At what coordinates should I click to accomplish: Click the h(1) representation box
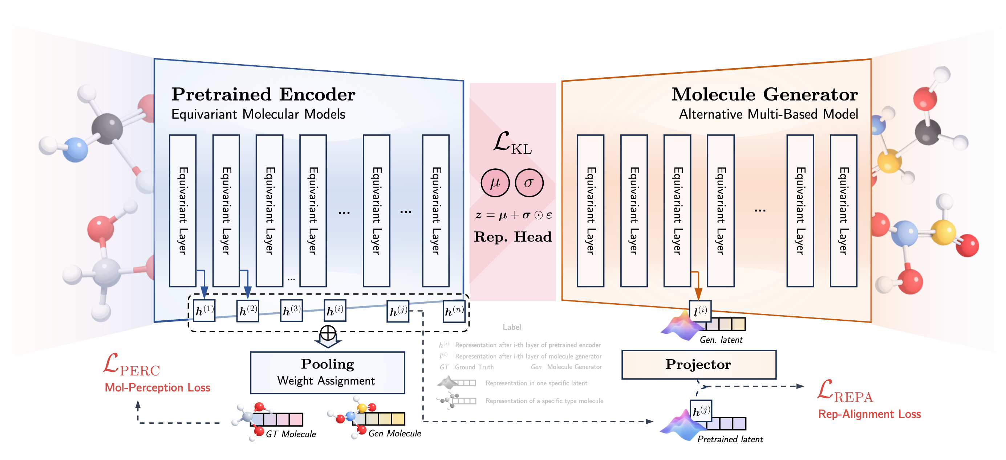[x=204, y=311]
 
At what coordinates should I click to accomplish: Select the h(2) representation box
[x=248, y=311]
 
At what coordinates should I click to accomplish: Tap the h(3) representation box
[x=292, y=311]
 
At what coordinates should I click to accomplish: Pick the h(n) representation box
[x=454, y=311]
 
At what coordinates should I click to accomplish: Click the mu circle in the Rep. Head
[x=495, y=182]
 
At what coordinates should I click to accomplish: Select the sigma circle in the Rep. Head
[x=529, y=182]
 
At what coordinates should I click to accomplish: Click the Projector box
[x=699, y=365]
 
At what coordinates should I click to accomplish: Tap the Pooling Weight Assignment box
[x=327, y=373]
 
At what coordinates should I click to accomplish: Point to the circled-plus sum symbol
[x=328, y=333]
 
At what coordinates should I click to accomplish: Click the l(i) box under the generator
[x=700, y=311]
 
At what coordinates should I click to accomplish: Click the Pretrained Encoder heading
[x=263, y=94]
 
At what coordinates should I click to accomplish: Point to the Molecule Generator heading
[x=764, y=94]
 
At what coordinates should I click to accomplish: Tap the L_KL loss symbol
[x=512, y=143]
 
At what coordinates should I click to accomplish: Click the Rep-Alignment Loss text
[x=869, y=414]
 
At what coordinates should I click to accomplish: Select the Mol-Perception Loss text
[x=157, y=387]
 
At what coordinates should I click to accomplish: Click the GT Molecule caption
[x=291, y=434]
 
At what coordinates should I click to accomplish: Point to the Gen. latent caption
[x=721, y=340]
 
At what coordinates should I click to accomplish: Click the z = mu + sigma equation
[x=513, y=215]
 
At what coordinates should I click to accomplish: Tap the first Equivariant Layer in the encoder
[x=183, y=211]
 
